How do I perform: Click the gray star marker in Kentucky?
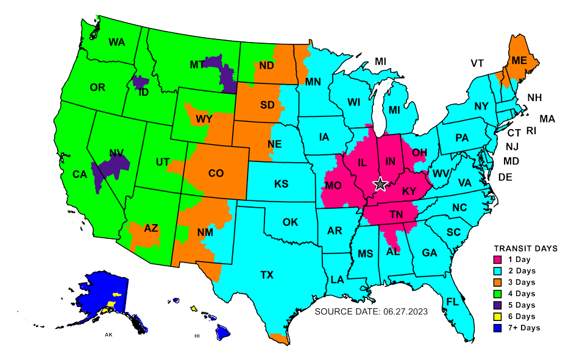coord(380,183)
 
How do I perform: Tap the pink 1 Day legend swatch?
coord(497,259)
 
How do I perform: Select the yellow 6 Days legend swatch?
coord(497,316)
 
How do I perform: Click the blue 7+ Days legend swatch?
coord(497,328)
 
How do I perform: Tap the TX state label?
coord(267,275)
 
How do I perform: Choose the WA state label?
coord(116,42)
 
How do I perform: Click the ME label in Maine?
coord(519,60)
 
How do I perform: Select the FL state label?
coord(452,302)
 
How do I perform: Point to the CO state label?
coord(216,173)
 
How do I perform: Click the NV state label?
coord(116,153)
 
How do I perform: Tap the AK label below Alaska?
coord(108,335)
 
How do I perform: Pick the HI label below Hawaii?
coord(197,336)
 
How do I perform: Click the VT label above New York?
coord(477,63)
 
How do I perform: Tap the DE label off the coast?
coord(505,177)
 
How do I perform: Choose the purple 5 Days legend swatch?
coord(497,305)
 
